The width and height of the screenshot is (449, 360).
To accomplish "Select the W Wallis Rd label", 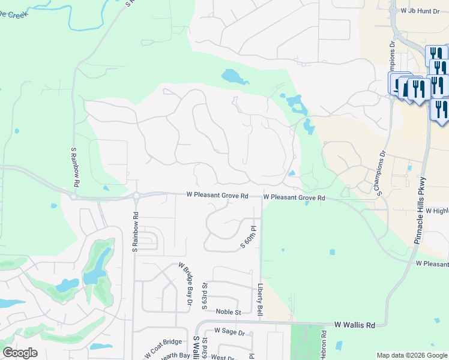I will coord(355,325).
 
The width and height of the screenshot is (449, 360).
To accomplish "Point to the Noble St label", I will coord(228,312).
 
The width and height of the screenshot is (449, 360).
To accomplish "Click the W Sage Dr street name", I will coord(225,332).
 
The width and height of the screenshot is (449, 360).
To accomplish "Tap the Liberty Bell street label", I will coord(260,300).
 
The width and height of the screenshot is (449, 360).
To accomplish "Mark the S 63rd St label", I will coord(205,295).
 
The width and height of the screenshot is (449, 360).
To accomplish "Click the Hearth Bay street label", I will coord(175,356).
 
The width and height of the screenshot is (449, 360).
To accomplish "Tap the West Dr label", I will coord(222,358).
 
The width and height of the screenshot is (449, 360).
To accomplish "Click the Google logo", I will coord(20,353).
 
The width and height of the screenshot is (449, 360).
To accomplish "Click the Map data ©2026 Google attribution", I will coord(411,355).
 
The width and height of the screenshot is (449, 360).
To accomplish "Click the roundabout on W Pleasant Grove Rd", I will coord(136,196).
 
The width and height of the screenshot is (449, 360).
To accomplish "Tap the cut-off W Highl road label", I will coord(437,211).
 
